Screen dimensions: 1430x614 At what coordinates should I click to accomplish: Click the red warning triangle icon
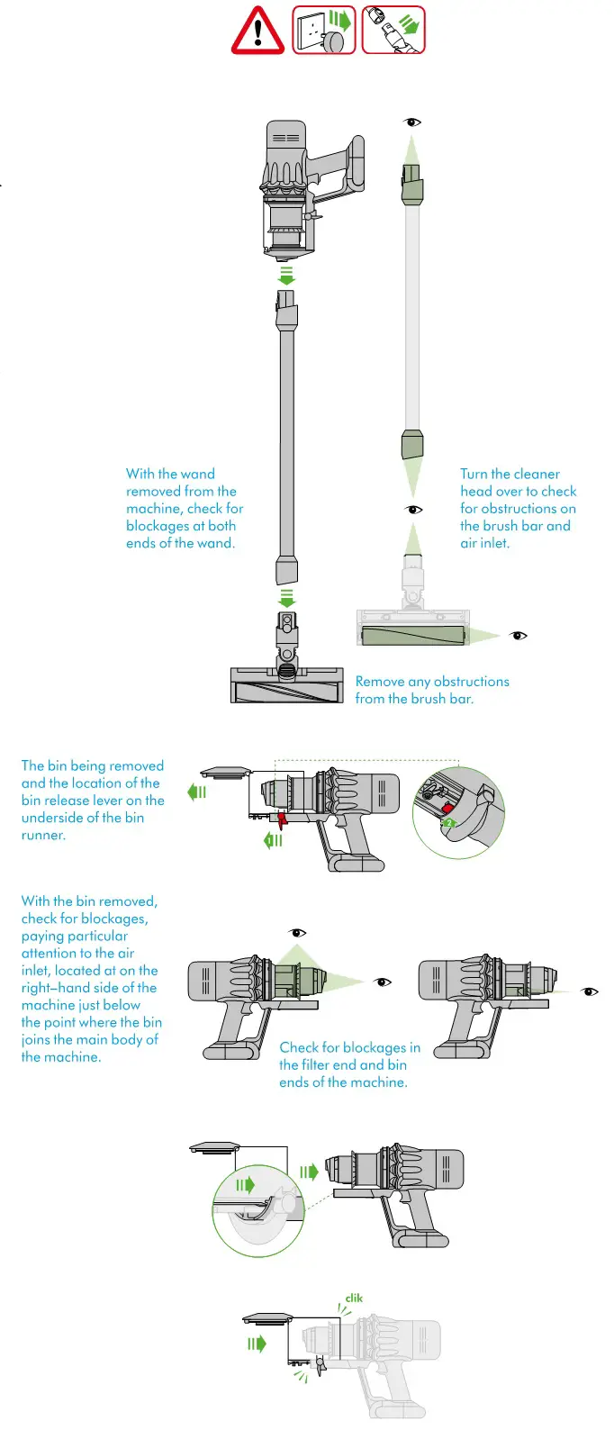point(257,31)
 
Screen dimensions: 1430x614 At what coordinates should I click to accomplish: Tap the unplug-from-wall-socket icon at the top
point(323,30)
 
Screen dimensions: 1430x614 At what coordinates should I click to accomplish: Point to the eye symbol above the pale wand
point(412,122)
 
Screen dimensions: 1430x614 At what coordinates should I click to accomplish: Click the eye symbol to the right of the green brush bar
point(518,636)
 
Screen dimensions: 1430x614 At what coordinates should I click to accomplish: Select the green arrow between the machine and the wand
point(286,275)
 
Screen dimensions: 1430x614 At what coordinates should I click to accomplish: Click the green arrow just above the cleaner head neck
point(286,597)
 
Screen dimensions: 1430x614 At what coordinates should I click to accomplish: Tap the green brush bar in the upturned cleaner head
point(414,636)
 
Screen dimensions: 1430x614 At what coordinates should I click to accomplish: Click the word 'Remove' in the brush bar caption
point(380,682)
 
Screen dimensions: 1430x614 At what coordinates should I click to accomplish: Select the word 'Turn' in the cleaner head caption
point(474,474)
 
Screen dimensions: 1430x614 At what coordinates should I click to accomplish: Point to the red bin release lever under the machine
point(282,819)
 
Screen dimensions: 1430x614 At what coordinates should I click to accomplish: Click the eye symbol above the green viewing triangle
point(297,933)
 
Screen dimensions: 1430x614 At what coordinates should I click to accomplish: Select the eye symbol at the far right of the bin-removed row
point(591,991)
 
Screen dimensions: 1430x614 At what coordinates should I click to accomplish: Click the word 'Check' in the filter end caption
point(298,1047)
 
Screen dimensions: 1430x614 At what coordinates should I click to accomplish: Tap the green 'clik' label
point(354,1298)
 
